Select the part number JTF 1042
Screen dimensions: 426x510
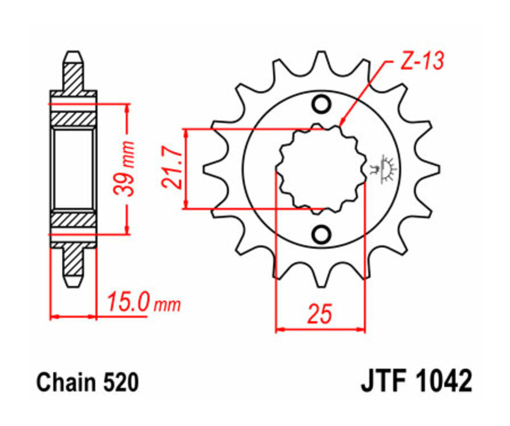[415, 382]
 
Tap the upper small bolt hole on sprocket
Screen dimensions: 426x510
[321, 105]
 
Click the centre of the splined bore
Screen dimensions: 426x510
[321, 169]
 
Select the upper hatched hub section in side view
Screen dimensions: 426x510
[73, 118]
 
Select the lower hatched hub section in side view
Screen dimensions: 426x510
[73, 220]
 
